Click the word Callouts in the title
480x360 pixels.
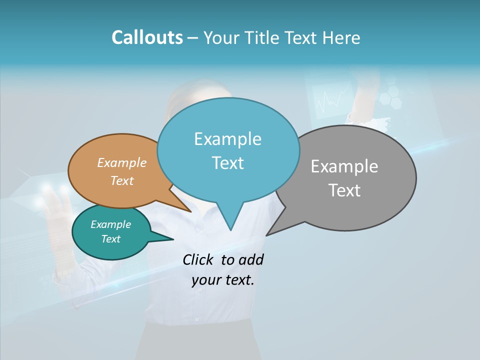(147, 37)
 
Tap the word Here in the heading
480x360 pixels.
(341, 37)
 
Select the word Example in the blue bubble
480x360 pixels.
(227, 139)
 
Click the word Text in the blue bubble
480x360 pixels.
(227, 163)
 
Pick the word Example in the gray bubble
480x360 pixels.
(344, 166)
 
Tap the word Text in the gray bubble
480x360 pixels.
(344, 190)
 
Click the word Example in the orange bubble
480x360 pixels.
(122, 163)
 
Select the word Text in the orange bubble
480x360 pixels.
(122, 180)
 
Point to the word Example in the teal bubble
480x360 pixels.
(111, 224)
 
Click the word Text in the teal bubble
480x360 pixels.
(111, 239)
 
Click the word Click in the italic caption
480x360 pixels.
(199, 259)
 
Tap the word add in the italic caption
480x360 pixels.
(251, 259)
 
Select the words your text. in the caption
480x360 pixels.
(223, 280)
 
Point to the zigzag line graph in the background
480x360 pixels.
(332, 99)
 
